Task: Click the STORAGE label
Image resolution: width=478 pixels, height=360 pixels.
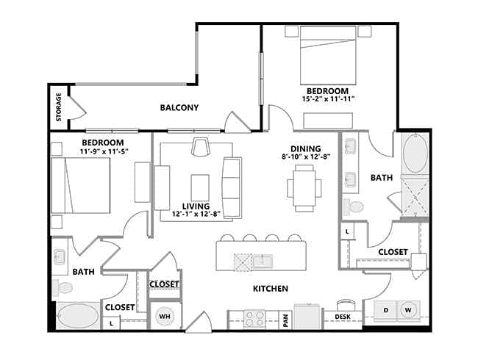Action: point(59,107)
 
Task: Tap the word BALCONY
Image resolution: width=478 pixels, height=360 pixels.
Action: point(179,107)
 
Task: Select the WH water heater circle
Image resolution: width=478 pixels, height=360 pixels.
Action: point(165,316)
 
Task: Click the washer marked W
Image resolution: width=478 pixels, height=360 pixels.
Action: point(408,310)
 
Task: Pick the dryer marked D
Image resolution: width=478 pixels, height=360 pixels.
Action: point(385,311)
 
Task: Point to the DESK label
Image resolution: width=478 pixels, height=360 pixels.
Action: point(343,317)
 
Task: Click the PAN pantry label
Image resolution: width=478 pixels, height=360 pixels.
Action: point(285,321)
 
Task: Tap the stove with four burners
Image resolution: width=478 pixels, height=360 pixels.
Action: point(254,319)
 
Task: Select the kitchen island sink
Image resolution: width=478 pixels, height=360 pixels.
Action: point(263,262)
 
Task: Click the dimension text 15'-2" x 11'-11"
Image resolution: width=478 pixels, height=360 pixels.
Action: point(328,99)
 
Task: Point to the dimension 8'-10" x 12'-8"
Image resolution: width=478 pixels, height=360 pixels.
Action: point(306,156)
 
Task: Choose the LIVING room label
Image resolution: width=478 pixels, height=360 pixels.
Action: point(196,206)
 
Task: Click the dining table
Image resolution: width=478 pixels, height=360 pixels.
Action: point(304,188)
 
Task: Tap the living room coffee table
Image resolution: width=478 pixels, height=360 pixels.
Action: point(200,187)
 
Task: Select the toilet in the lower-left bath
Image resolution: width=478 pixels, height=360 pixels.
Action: point(63,287)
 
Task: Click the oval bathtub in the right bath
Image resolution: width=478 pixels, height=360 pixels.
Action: point(415,154)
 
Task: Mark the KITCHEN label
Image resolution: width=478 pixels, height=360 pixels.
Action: point(271,289)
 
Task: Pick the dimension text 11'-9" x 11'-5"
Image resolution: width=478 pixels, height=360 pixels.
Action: point(102,151)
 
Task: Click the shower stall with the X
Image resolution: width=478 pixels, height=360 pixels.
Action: point(415,198)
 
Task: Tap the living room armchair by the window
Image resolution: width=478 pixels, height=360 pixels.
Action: point(200,147)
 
